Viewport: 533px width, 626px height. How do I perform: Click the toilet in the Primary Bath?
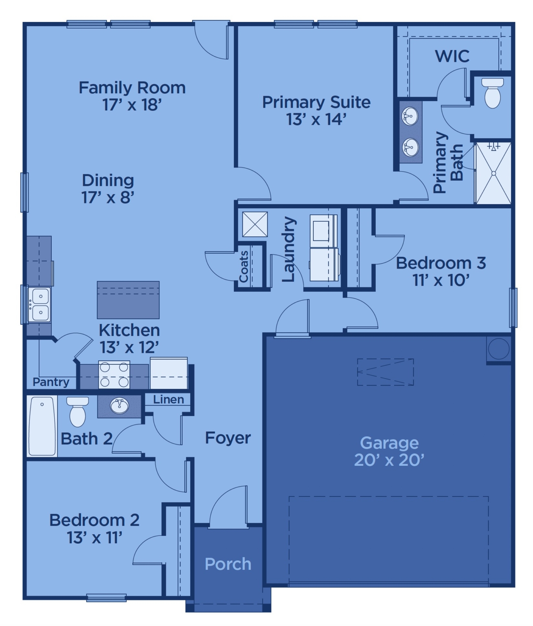click(492, 93)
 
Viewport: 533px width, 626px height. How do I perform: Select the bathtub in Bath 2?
click(42, 426)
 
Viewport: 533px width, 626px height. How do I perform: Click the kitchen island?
click(128, 300)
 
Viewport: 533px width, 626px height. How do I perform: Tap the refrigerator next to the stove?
click(169, 373)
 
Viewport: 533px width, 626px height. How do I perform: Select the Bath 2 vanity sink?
click(119, 406)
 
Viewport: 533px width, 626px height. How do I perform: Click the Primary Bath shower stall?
click(493, 173)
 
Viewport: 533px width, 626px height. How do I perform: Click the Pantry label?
click(51, 382)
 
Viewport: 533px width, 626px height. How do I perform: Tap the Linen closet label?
click(168, 400)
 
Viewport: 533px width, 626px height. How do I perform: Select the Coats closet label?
click(244, 267)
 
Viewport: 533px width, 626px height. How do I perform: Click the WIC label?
click(452, 56)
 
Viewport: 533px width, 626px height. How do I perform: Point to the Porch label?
click(228, 564)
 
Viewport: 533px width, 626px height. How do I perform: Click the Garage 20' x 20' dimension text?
click(389, 460)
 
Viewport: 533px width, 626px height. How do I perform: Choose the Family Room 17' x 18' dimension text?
click(132, 105)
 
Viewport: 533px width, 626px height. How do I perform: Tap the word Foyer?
click(228, 438)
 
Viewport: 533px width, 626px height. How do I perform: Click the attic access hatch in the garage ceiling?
click(385, 372)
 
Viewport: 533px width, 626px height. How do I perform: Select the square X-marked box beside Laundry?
click(255, 224)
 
